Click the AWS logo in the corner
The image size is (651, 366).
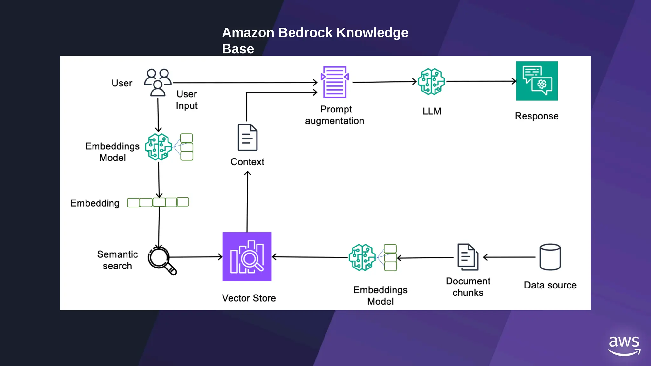pyautogui.click(x=624, y=346)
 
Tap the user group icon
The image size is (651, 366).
pyautogui.click(x=158, y=82)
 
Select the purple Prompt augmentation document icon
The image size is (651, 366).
pyautogui.click(x=335, y=82)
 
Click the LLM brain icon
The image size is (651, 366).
pyautogui.click(x=431, y=82)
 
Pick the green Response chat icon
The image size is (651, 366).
pyautogui.click(x=537, y=81)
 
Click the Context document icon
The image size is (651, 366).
pyautogui.click(x=248, y=137)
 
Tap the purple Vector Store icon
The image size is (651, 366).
pyautogui.click(x=247, y=257)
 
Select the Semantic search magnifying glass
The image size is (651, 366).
pyautogui.click(x=161, y=260)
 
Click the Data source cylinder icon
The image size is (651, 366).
pyautogui.click(x=550, y=257)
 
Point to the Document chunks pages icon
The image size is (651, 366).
pyautogui.click(x=468, y=257)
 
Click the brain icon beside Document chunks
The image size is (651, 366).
pyautogui.click(x=362, y=257)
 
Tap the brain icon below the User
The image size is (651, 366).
pyautogui.click(x=158, y=147)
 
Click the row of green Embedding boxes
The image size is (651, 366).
pyautogui.click(x=158, y=202)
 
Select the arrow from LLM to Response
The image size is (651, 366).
pyautogui.click(x=481, y=81)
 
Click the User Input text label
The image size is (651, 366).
pyautogui.click(x=187, y=100)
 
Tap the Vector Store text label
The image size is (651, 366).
pyautogui.click(x=249, y=298)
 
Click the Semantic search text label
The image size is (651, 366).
pyautogui.click(x=117, y=260)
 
